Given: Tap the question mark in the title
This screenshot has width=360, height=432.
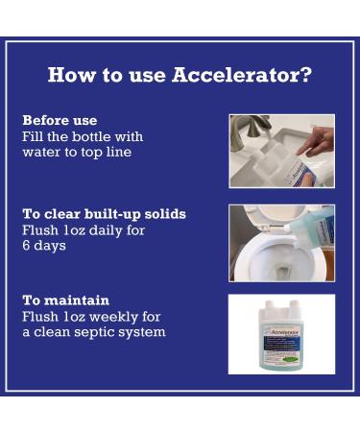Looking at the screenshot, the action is pos(306,75).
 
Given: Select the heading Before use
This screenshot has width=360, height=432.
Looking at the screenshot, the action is pos(60,121).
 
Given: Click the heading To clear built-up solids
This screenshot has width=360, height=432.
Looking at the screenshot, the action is pos(105,214).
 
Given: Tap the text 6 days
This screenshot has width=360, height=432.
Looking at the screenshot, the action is pos(44,246).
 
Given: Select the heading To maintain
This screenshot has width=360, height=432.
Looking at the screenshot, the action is pos(66,300).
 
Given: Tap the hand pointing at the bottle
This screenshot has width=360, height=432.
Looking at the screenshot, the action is pos(316,142).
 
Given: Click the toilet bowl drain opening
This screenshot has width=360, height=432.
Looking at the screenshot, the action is pos(283,273).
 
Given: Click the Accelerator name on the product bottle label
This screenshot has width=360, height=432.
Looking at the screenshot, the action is pos(285,332).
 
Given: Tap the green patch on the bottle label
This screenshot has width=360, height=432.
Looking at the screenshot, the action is pos(291,359).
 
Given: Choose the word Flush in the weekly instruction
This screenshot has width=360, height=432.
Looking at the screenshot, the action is pos(40,317).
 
